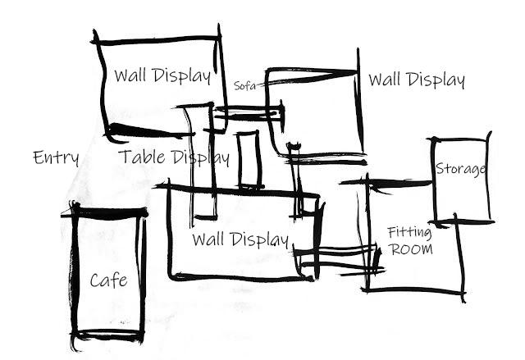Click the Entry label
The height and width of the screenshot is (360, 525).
coord(56,157)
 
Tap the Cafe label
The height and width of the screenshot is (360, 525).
coord(108,280)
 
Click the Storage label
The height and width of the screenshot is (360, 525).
coord(461,169)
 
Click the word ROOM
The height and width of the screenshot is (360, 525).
coord(411,248)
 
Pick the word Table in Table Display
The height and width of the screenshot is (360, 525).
coord(141,157)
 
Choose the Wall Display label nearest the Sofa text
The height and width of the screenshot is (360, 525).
coord(162,76)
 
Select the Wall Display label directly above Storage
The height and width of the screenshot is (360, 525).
coord(417,80)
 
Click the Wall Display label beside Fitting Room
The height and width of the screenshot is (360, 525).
coord(240,240)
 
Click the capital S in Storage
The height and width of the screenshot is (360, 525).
coord(440,169)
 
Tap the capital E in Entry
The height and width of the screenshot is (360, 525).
coord(38,157)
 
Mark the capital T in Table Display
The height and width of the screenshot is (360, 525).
coord(124,157)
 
